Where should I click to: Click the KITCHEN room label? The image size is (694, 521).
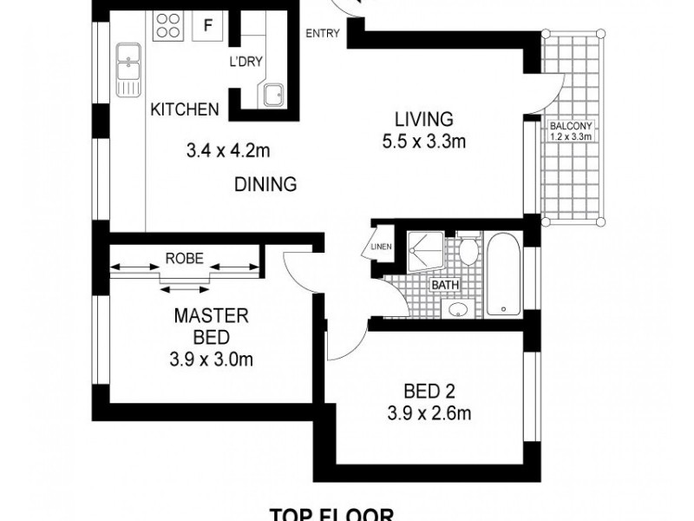coord(184,109)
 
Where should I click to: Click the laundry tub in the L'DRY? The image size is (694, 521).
coord(274,92)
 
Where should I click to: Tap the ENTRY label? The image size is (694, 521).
coord(322,35)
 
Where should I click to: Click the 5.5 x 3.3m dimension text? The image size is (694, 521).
coord(424,142)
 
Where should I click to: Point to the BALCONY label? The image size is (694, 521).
coord(571,125)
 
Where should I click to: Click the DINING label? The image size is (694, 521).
coord(266,184)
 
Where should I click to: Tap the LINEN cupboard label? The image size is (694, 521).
coord(382,247)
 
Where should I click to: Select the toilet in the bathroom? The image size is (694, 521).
coord(468,249)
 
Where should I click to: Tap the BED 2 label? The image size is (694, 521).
coord(425,390)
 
